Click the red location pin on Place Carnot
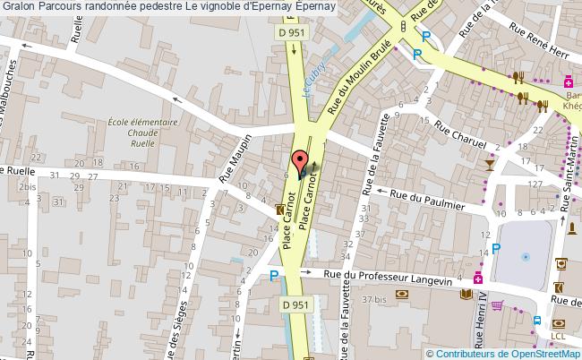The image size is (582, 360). click(x=299, y=162)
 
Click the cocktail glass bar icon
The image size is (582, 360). click(x=488, y=165)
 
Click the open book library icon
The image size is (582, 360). click(x=465, y=294)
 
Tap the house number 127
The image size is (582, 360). click(x=536, y=185)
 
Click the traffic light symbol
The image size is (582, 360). click(x=403, y=26)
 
